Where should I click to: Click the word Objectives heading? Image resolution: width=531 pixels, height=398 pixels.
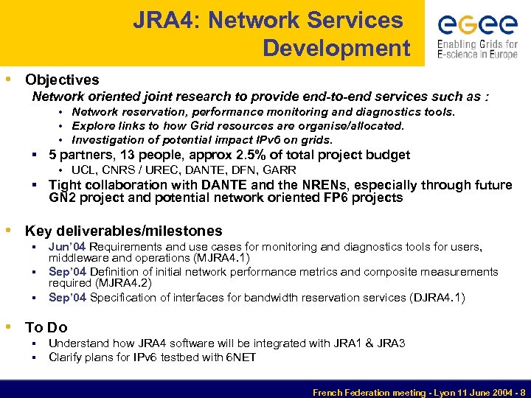pyautogui.click(x=62, y=80)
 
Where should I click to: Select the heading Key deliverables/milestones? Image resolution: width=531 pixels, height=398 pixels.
pyautogui.click(x=123, y=231)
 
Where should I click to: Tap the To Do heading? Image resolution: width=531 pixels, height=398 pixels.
pyautogui.click(x=46, y=327)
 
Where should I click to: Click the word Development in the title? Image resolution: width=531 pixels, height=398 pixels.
pyautogui.click(x=336, y=48)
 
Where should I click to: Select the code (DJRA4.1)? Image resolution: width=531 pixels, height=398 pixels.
pyautogui.click(x=438, y=298)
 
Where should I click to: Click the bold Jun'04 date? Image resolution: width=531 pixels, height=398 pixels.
pyautogui.click(x=68, y=247)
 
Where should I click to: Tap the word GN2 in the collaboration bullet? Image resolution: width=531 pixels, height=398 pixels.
pyautogui.click(x=63, y=198)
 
